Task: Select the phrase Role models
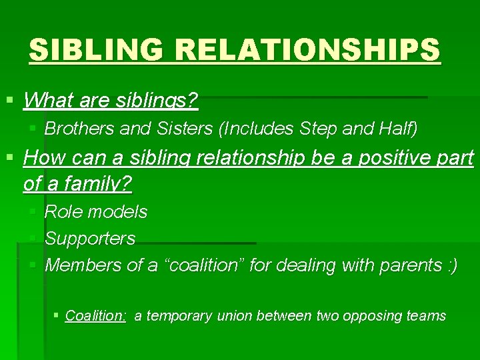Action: coord(96,212)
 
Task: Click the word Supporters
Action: coord(90,238)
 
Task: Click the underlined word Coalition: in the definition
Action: coord(96,316)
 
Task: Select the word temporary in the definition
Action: coord(179,316)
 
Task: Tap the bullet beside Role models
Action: coord(34,212)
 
